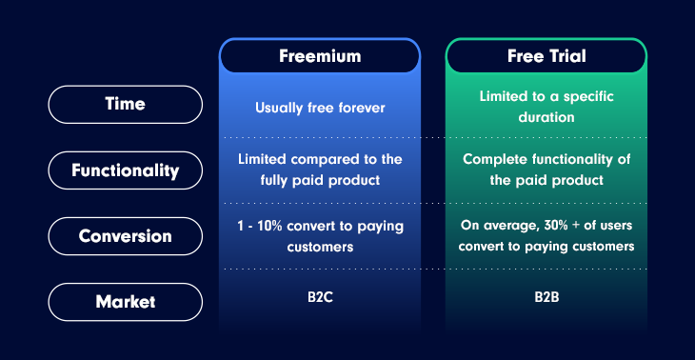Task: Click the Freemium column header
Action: coord(320,56)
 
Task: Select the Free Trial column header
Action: coord(546,56)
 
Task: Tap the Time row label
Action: coord(126,105)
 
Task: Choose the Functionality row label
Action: coord(126,170)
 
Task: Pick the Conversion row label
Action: coord(126,236)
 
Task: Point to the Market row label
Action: coord(126,302)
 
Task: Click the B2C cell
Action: coord(320,296)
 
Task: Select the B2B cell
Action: coord(546,296)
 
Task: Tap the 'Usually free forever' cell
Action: coord(320,108)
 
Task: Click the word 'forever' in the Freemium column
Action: coord(360,108)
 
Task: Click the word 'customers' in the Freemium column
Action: coord(320,246)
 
